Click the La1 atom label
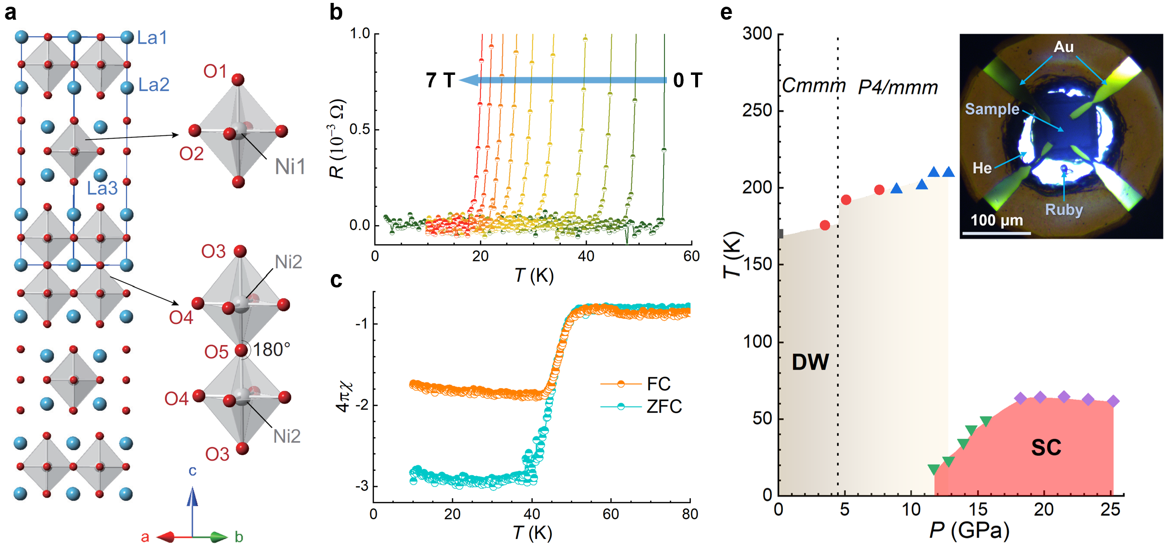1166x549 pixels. coord(152,37)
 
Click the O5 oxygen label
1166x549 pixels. coord(216,352)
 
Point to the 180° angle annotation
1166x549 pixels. coord(271,350)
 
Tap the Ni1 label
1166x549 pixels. coord(290,167)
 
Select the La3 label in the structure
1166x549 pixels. coord(102,189)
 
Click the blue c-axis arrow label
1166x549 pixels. coord(192,471)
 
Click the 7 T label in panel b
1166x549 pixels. coord(440,80)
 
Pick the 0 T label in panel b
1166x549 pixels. coord(688,80)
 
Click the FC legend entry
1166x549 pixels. coord(658,384)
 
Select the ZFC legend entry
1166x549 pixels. coord(664,406)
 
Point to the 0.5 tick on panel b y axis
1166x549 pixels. coord(360,130)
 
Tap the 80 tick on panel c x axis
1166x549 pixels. coord(689,514)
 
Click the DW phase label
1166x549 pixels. coord(810,362)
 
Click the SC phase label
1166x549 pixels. coord(1046,447)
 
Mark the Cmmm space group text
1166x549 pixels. coord(814,86)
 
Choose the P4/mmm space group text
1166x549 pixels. coord(898,88)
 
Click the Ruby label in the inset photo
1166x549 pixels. coord(1064,210)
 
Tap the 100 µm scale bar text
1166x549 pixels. coord(997,220)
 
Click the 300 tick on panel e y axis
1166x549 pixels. coord(757,34)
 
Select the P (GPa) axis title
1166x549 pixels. coord(969,531)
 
